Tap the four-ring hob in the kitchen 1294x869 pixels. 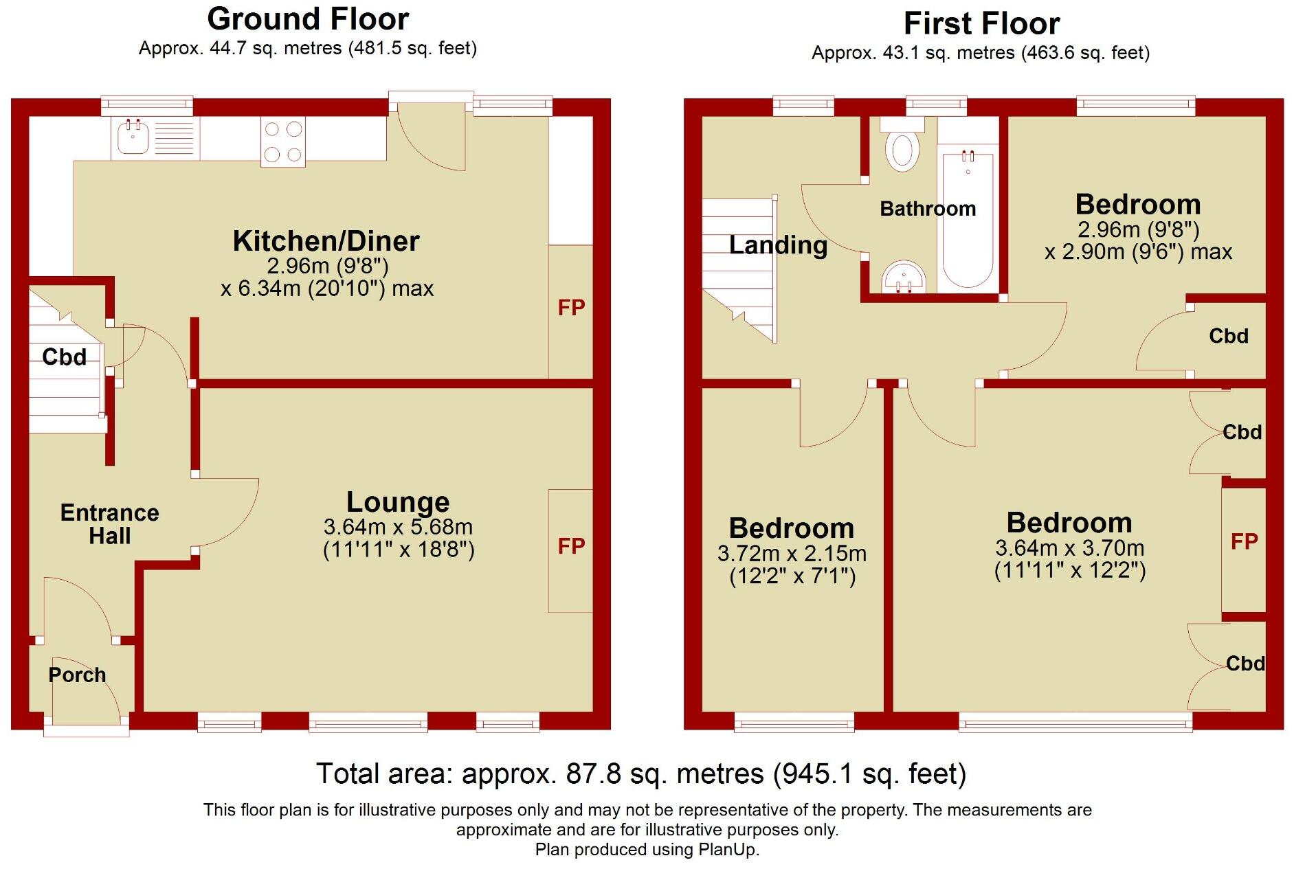click(x=283, y=142)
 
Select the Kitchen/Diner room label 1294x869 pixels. click(x=326, y=241)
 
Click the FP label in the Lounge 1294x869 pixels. click(x=571, y=546)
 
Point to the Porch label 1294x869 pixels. click(x=77, y=675)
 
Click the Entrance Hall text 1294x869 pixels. click(x=109, y=524)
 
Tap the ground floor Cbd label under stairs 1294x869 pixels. click(x=64, y=357)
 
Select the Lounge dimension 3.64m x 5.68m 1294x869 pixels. click(x=398, y=528)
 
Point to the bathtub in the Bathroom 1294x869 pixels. click(x=968, y=220)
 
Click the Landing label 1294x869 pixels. click(x=778, y=245)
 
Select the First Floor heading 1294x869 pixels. click(x=981, y=23)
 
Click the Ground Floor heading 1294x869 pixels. click(x=308, y=19)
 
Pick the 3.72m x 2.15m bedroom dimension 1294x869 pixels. click(x=792, y=554)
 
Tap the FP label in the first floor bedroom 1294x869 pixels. click(x=1244, y=542)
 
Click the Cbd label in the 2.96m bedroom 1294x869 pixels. click(x=1228, y=336)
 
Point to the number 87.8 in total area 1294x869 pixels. click(x=593, y=774)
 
